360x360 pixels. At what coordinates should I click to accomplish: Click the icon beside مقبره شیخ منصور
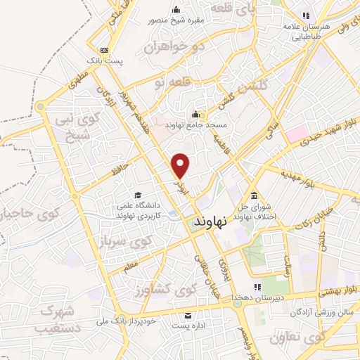click(x=176, y=9)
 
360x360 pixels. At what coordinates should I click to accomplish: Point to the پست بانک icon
click(x=104, y=50)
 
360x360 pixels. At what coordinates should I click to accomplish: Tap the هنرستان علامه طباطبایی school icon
click(x=306, y=14)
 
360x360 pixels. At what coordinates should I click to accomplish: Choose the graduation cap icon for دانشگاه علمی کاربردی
click(x=138, y=195)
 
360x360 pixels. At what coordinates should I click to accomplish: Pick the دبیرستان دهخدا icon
click(x=257, y=286)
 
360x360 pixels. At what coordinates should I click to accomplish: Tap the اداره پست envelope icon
click(x=188, y=315)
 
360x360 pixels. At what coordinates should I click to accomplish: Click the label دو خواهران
click(x=167, y=48)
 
